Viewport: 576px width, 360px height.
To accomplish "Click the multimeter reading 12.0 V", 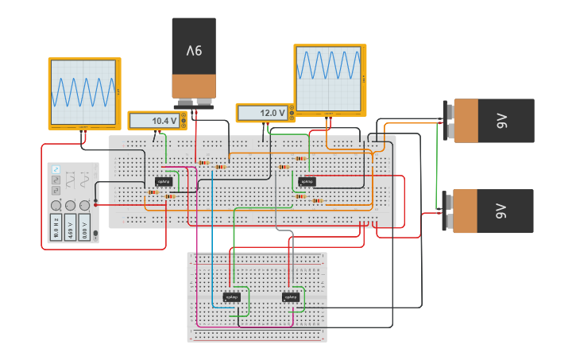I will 265,114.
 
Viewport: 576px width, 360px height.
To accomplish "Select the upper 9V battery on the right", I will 493,121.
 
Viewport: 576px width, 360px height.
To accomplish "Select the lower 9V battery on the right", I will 493,211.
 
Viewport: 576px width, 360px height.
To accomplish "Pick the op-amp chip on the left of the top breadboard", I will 164,181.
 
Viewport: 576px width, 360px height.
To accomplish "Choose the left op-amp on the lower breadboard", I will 232,297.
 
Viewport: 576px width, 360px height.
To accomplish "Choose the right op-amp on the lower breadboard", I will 292,297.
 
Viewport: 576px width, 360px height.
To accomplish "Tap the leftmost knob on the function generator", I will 56,205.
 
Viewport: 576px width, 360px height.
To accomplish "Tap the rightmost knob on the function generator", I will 84,205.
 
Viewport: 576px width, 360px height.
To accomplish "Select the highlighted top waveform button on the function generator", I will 56,170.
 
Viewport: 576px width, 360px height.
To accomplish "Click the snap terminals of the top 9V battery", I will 195,103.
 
